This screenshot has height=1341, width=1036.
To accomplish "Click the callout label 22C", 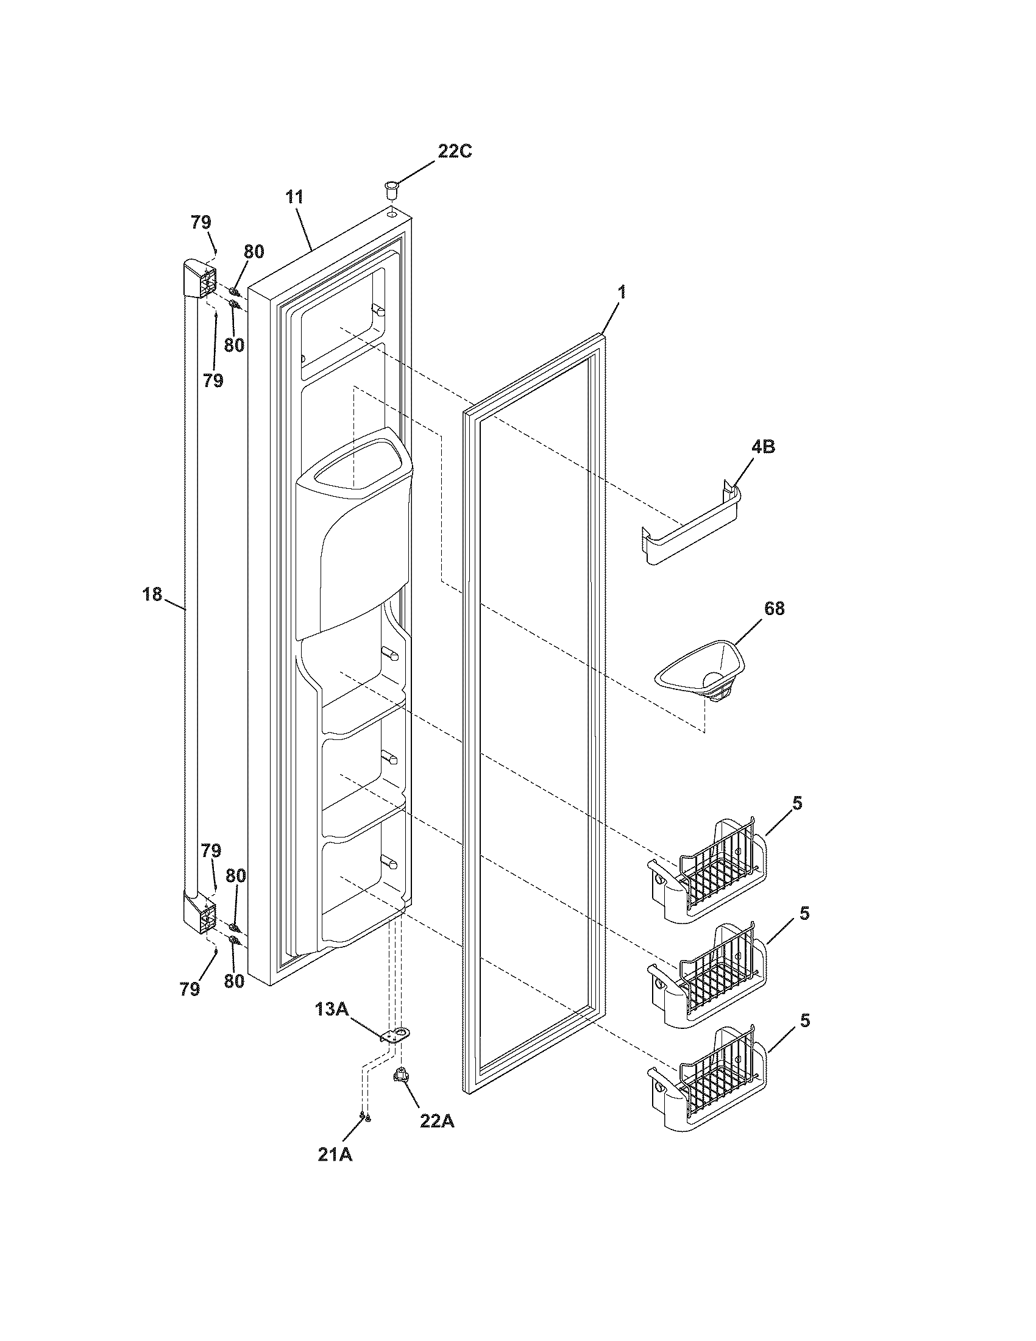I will coord(455,151).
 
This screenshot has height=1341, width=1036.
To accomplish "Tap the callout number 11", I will coord(294,197).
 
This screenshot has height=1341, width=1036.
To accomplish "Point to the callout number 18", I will coord(152,594).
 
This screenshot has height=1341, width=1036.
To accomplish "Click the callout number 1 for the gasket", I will coord(622,292).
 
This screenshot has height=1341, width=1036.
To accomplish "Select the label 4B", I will coord(762,447).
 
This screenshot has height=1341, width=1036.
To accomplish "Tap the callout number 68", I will coord(774,608).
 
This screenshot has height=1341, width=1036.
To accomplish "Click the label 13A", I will coord(332,1009).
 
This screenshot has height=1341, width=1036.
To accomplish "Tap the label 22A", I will coord(437,1121).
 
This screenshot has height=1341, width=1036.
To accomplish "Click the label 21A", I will coord(335,1154).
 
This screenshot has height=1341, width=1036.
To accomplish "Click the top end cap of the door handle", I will coord(199,279).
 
